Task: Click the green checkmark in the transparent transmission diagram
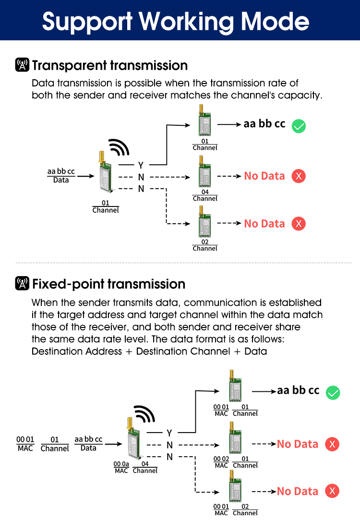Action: pyautogui.click(x=299, y=126)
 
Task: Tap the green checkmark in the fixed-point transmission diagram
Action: pyautogui.click(x=333, y=393)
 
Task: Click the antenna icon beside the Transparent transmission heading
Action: pyautogui.click(x=22, y=65)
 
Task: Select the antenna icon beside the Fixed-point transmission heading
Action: pyautogui.click(x=22, y=284)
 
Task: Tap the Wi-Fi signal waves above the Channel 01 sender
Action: pyautogui.click(x=118, y=147)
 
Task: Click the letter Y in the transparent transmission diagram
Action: pyautogui.click(x=141, y=166)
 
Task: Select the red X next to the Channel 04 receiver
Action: pyautogui.click(x=299, y=176)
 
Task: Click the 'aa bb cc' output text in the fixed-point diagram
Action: pyautogui.click(x=298, y=390)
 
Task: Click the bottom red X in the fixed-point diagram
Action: pyautogui.click(x=332, y=491)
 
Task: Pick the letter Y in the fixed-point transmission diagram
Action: pyautogui.click(x=169, y=433)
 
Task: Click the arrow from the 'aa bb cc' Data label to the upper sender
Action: pyautogui.click(x=85, y=176)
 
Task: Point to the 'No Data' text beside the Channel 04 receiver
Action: pyautogui.click(x=264, y=176)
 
